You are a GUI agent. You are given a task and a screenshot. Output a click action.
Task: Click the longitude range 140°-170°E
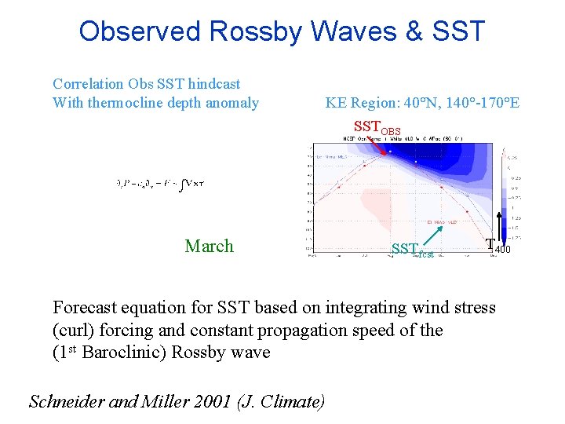click(x=479, y=103)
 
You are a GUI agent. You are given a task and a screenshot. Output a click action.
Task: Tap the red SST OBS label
click(x=377, y=127)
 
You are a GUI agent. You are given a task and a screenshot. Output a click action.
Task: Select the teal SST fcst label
click(x=411, y=250)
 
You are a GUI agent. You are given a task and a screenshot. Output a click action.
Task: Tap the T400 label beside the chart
click(x=498, y=246)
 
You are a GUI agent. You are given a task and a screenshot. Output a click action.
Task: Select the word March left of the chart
click(x=209, y=246)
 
